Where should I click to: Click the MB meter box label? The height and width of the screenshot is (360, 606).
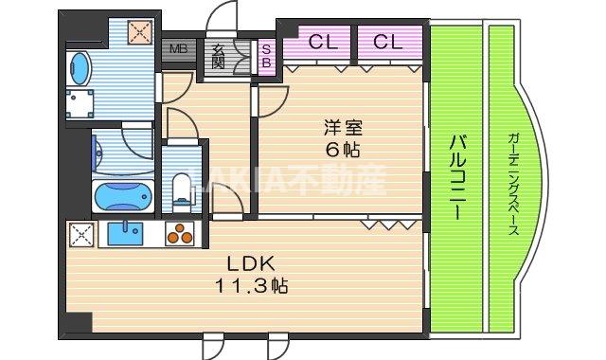pyautogui.click(x=176, y=48)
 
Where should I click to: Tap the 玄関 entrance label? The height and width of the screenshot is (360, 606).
pyautogui.click(x=219, y=55)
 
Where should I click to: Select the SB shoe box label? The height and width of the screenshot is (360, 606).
pyautogui.click(x=266, y=54)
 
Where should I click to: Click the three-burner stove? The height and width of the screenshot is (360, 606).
pyautogui.click(x=179, y=234)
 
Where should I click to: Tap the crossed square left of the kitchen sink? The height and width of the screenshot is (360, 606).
pyautogui.click(x=79, y=235)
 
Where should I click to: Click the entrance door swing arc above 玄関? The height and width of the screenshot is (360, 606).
pyautogui.click(x=223, y=17)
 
